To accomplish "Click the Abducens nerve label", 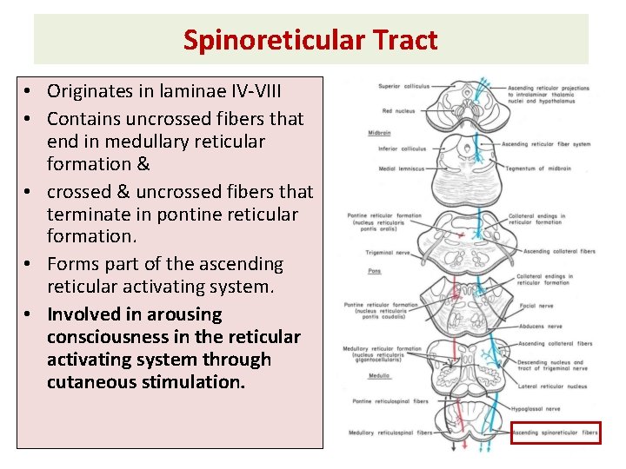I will coord(543,326).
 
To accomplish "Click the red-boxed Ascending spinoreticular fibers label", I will coord(555,432).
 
